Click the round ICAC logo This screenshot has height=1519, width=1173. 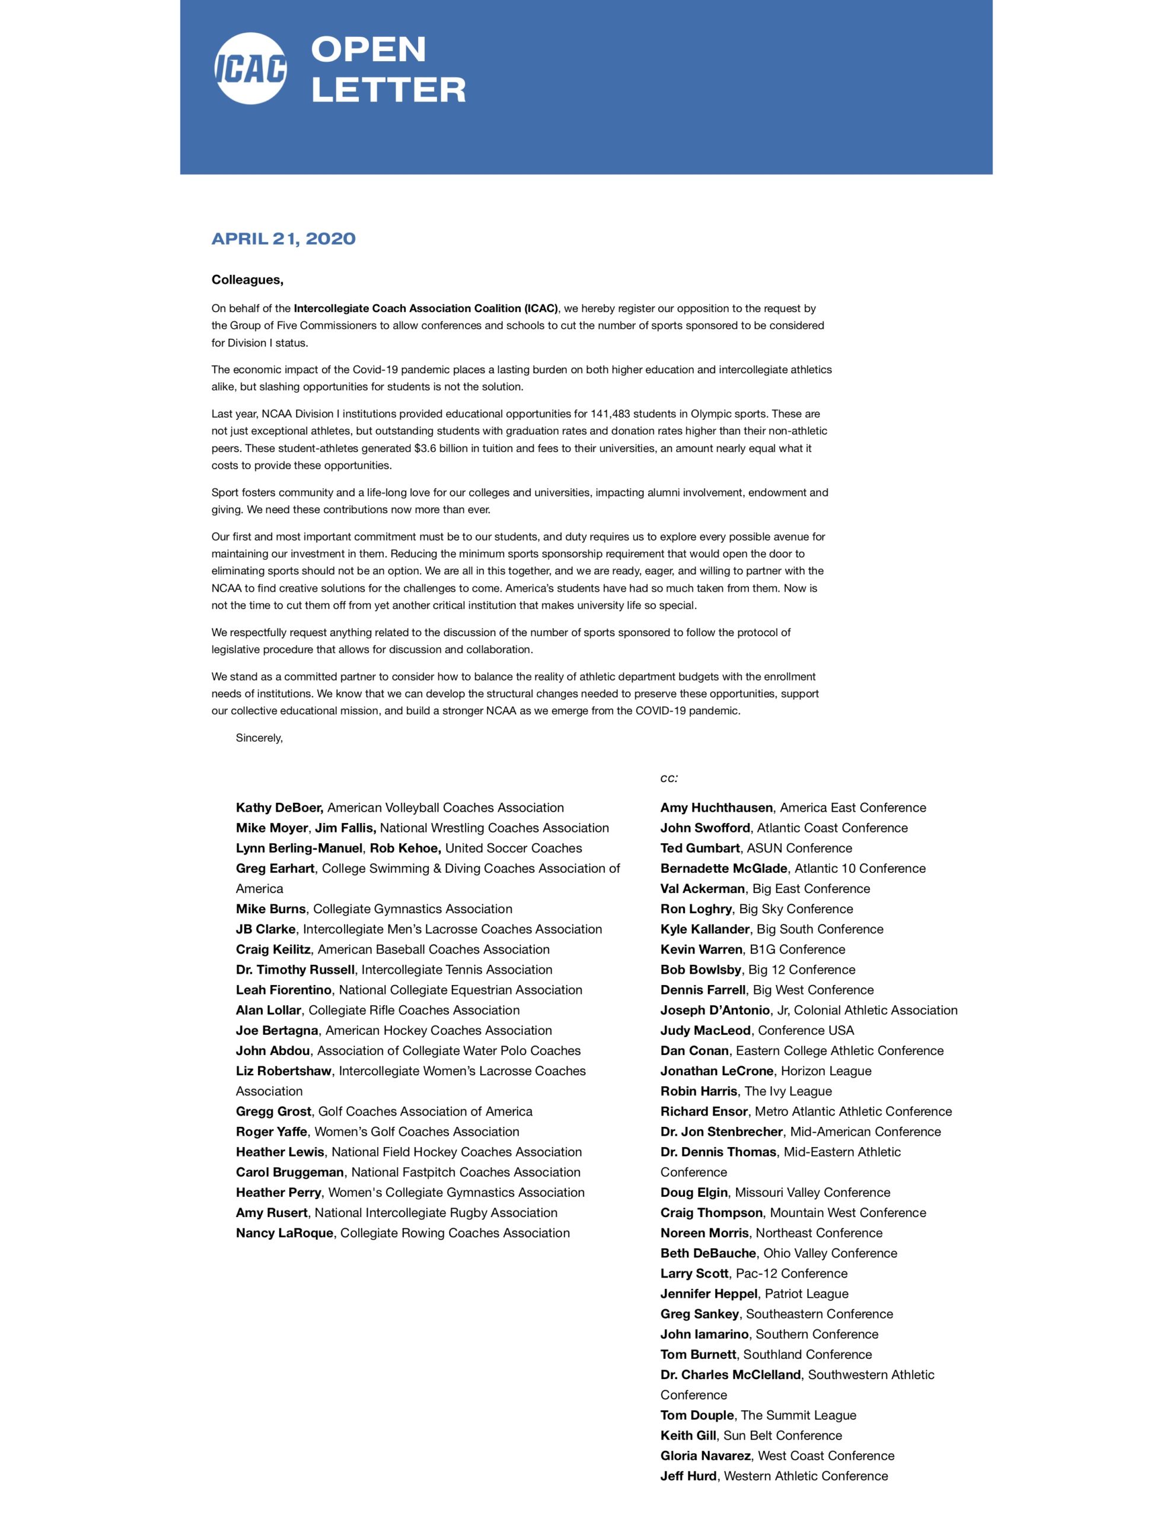pos(250,68)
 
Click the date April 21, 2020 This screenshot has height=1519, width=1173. pos(283,239)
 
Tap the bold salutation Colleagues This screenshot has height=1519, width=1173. pos(247,279)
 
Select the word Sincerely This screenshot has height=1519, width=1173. pos(259,738)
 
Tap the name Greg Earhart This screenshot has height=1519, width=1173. pos(275,868)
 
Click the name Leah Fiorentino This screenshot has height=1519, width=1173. pos(283,990)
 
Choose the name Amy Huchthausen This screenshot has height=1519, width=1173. pos(716,808)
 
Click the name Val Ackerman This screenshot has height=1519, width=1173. pos(702,888)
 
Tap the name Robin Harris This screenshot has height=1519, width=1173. pos(698,1091)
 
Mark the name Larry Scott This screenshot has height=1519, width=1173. pos(694,1273)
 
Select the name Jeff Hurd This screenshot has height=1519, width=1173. pos(688,1476)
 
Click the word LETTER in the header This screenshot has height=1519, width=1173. pos(388,90)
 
